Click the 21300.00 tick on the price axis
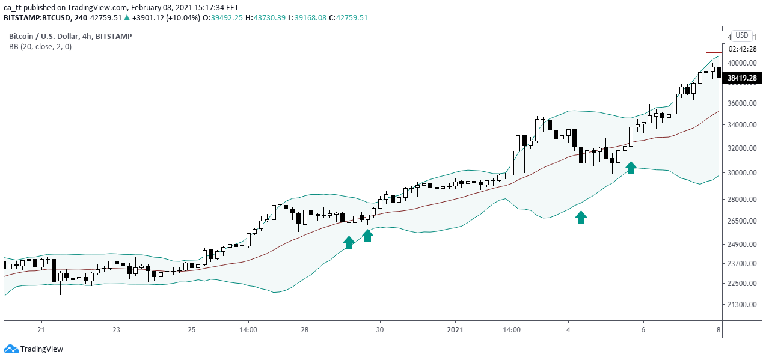(741, 305)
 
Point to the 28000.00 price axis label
(741, 200)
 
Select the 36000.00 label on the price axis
(741, 103)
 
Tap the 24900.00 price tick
(741, 245)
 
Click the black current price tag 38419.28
(741, 78)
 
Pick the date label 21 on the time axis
(41, 330)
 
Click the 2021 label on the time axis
(455, 330)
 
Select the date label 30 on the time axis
(380, 330)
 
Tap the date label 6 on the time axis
(643, 330)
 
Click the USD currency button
(741, 35)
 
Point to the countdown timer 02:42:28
(741, 50)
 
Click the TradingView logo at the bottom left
(34, 349)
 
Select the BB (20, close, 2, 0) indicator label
(40, 47)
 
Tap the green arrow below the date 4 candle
(581, 217)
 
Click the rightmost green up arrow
(631, 168)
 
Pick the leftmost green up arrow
(349, 242)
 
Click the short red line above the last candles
(712, 53)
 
